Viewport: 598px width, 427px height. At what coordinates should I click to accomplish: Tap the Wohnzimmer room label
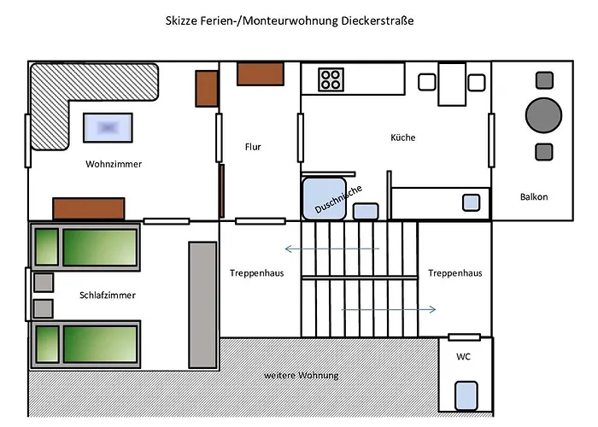coord(114,163)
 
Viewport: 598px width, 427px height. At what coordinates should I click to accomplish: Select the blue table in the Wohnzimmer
coord(108,128)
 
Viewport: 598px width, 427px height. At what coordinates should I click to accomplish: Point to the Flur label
coord(253,147)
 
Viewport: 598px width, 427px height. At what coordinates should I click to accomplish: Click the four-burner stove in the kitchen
coord(331,80)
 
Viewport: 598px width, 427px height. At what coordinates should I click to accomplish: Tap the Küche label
coord(402,137)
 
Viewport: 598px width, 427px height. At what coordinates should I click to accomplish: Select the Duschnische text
coord(339,200)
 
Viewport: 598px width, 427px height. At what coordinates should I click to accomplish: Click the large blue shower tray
coord(324,199)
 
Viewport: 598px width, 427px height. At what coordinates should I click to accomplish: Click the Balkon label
coord(534,197)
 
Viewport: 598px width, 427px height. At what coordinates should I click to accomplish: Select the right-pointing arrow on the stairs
coord(390,309)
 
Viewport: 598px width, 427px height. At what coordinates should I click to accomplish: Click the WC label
coord(463,355)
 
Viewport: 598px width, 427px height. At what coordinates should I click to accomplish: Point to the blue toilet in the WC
coord(466,395)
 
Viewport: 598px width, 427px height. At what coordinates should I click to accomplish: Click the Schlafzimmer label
coord(108,295)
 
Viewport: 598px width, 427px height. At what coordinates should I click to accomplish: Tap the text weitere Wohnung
coord(301,376)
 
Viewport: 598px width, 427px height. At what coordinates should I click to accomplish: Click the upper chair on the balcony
coord(543,79)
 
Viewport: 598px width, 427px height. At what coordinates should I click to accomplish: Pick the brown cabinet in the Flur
coord(260,73)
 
